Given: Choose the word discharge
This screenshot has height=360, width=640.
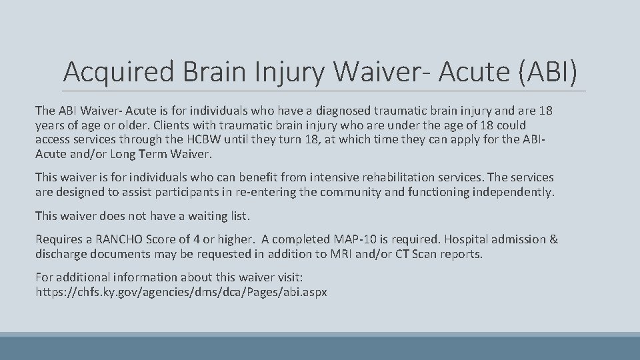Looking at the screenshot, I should (x=62, y=254).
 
